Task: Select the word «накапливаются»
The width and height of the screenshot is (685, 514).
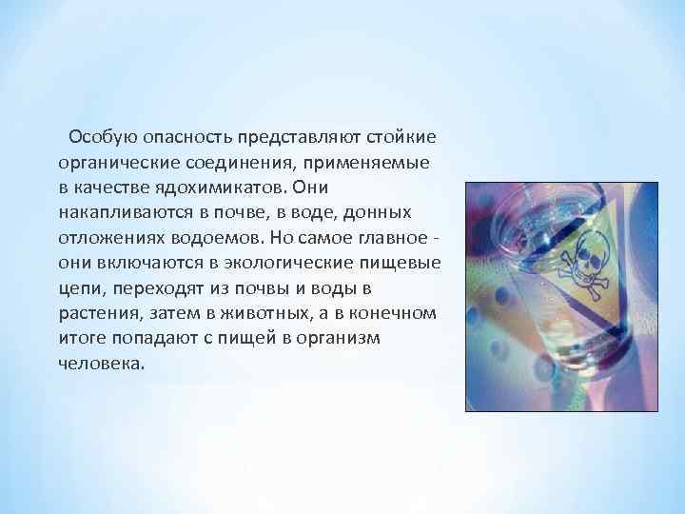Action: (x=116, y=213)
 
